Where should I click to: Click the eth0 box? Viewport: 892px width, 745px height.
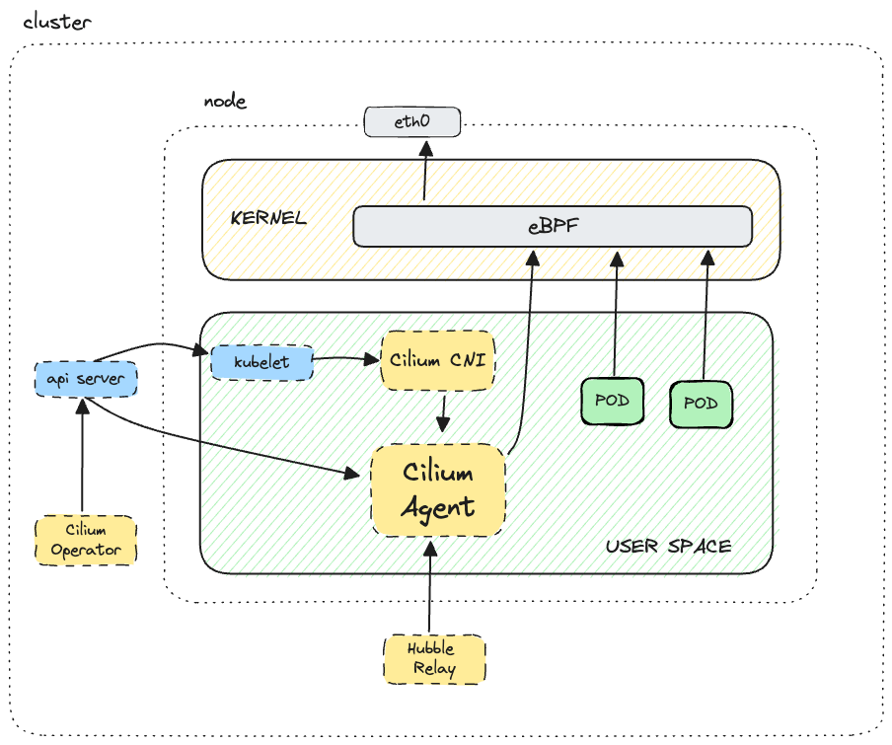(x=412, y=122)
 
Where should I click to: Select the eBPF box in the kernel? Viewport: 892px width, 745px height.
(x=553, y=227)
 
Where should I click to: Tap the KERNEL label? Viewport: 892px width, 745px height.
(x=268, y=218)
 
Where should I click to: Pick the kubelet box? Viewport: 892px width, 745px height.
(x=261, y=362)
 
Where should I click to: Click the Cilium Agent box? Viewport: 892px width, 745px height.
(x=438, y=490)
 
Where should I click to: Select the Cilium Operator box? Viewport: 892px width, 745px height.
(x=86, y=540)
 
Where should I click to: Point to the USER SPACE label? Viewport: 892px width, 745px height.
(x=668, y=546)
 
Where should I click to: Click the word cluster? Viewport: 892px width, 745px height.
(x=56, y=22)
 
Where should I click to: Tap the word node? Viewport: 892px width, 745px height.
(x=224, y=102)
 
